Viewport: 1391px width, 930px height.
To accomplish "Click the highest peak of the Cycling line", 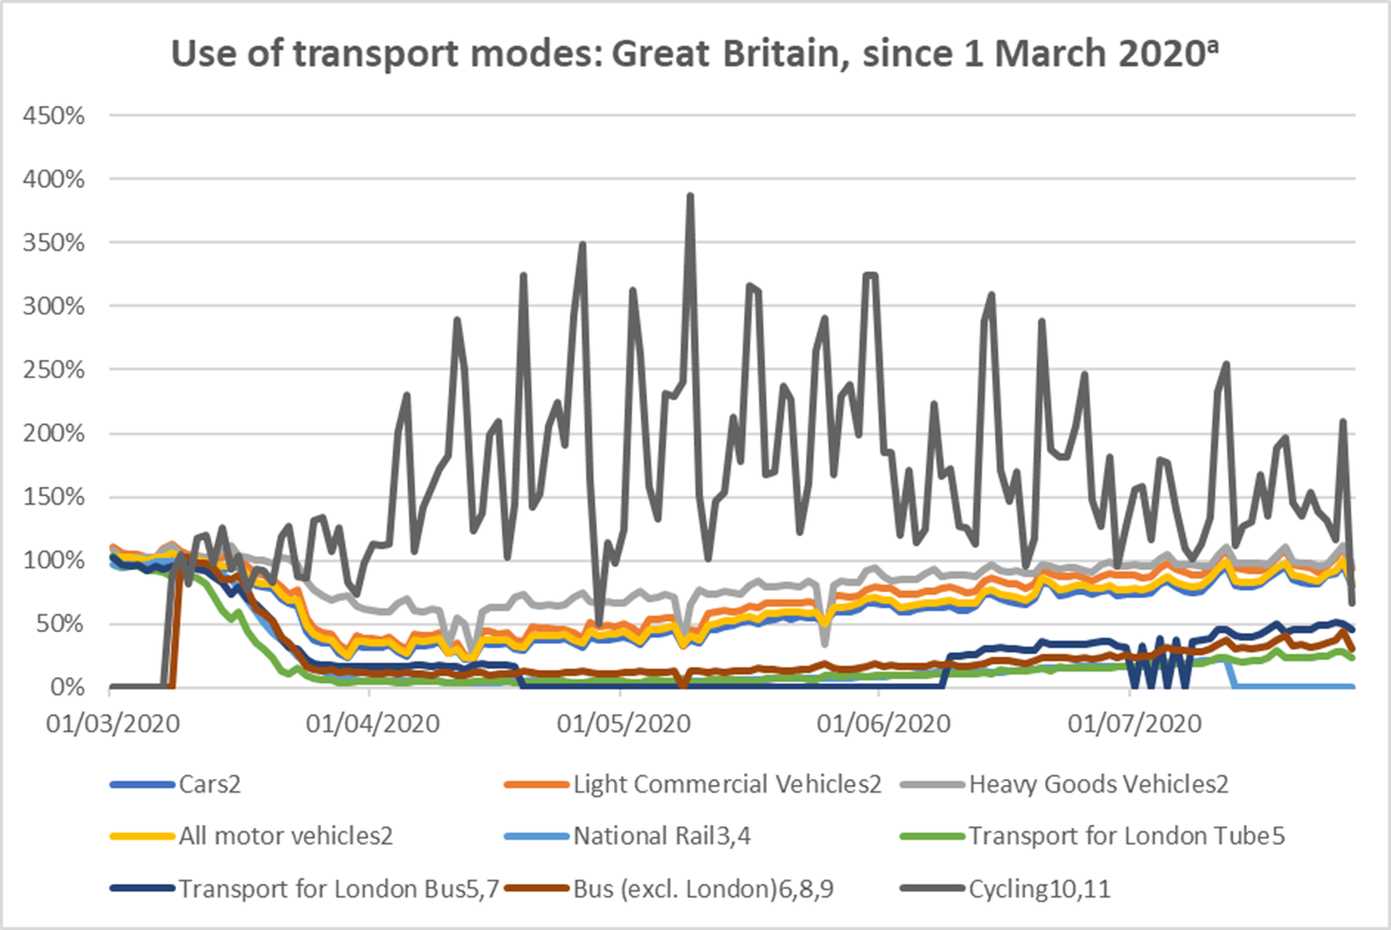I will [x=690, y=196].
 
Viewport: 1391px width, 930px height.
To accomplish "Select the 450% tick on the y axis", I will [x=54, y=116].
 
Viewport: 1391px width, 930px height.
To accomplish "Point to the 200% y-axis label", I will [x=54, y=434].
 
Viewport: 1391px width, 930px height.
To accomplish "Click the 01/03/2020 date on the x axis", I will [x=113, y=723].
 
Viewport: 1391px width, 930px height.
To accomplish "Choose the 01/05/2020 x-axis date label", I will [x=623, y=723].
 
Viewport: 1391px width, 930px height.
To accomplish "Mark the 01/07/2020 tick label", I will [x=1134, y=723].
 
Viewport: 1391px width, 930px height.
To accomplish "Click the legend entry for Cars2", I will [x=210, y=784].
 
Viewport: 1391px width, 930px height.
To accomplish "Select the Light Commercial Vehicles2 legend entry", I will [x=726, y=784].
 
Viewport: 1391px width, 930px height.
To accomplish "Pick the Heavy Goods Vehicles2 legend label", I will [x=1097, y=784].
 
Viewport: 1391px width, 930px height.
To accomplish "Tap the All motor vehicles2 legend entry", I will [x=285, y=837].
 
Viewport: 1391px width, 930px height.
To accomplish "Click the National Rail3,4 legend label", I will [x=662, y=837].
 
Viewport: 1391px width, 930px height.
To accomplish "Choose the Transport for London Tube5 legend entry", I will [x=1126, y=837].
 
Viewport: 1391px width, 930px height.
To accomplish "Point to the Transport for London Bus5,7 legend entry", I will [x=338, y=889].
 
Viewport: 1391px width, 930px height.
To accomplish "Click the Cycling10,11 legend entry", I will [x=1038, y=889].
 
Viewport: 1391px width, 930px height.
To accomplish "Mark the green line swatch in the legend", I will [x=932, y=837].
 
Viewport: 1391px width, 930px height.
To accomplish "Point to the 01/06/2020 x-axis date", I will [x=883, y=723].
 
